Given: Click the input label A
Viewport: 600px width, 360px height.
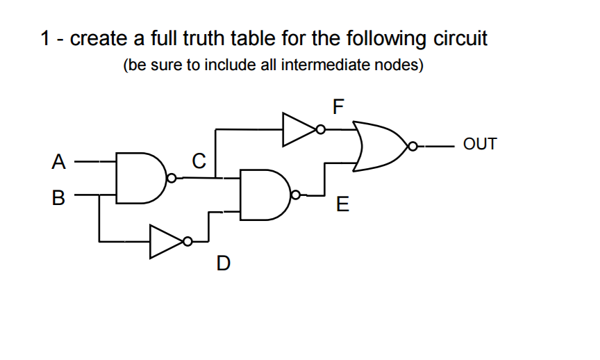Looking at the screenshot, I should [59, 162].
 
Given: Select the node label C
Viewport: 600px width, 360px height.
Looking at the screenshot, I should [198, 162].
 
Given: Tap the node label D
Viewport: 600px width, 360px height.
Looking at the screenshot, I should [223, 263].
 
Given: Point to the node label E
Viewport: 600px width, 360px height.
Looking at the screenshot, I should [342, 205].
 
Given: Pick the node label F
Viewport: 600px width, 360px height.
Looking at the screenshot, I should [338, 106].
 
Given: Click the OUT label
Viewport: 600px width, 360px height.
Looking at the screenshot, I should [480, 145].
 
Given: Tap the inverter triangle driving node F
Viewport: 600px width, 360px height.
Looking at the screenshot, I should [297, 129].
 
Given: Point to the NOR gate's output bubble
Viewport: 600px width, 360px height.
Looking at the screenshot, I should [413, 147].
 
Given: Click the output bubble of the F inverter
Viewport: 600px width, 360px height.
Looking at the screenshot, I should [320, 129].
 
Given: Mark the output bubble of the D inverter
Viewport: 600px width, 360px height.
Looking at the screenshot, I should [188, 242].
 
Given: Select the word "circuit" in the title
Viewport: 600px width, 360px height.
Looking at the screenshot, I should [460, 38].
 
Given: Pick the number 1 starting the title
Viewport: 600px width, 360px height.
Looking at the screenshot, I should [46, 38].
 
